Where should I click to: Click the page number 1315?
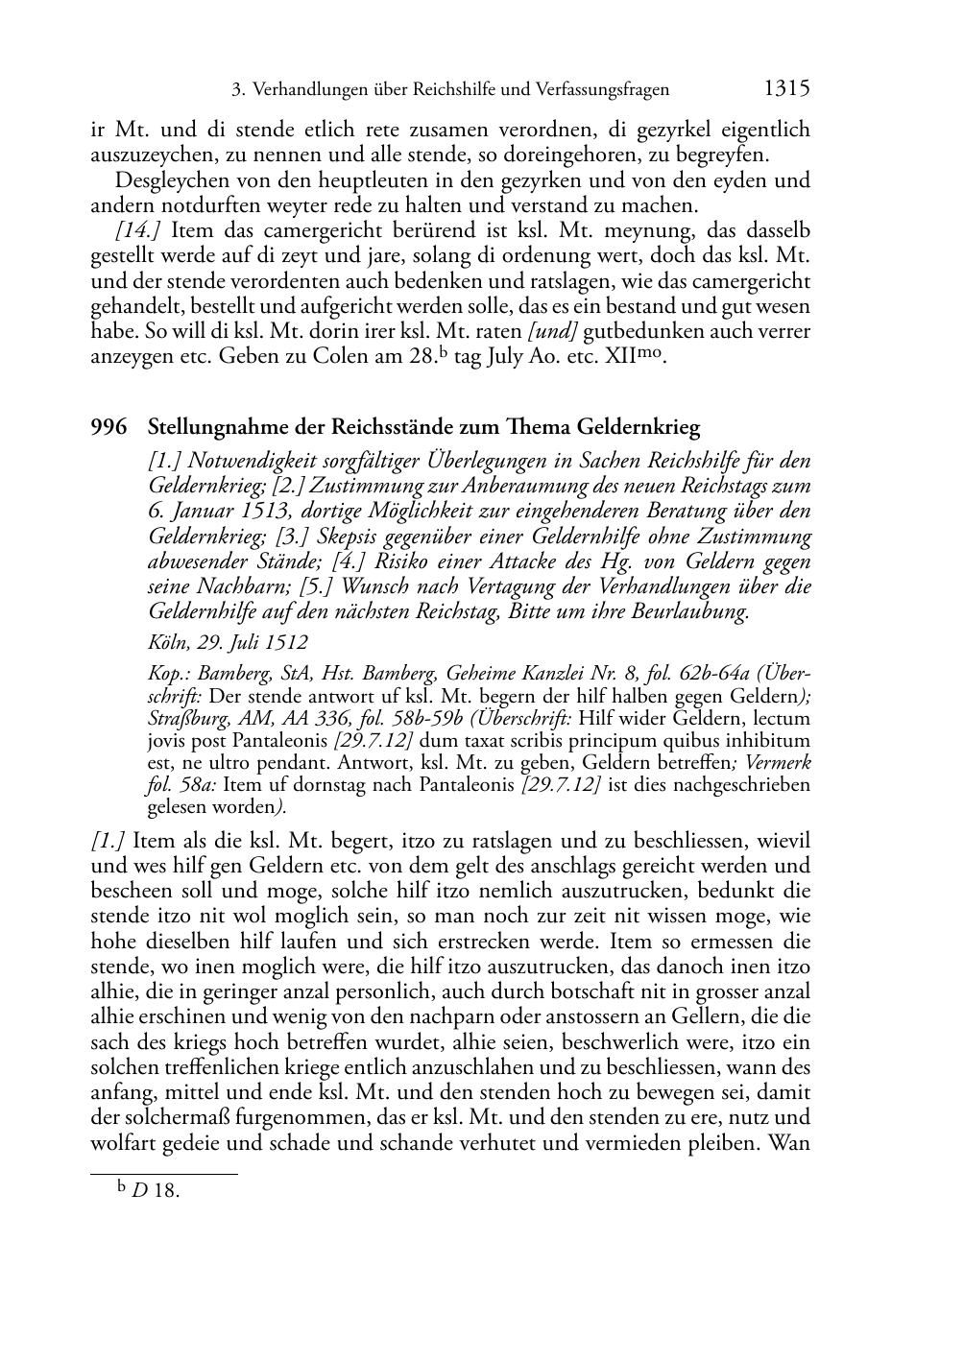pyautogui.click(x=787, y=89)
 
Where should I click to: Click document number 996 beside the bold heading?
pyautogui.click(x=108, y=428)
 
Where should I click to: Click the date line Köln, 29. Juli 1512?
pyautogui.click(x=228, y=643)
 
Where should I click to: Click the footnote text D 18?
pyautogui.click(x=157, y=1192)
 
